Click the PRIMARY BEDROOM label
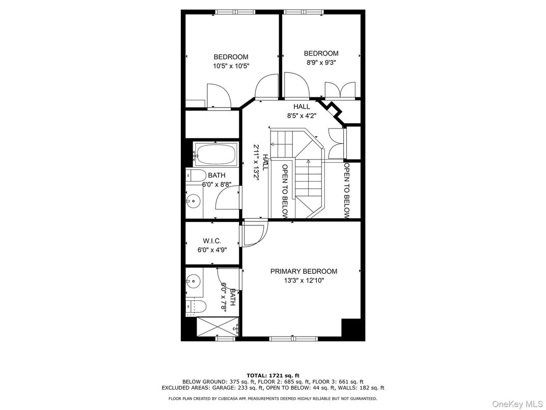coord(304,271)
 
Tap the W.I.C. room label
coord(212,241)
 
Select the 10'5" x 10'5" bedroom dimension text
coord(231,66)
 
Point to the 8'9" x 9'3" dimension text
coord(321,62)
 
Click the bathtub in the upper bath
coord(216,154)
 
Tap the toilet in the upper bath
coord(192,175)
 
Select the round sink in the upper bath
coord(191,200)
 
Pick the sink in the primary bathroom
coord(192,280)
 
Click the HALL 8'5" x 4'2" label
coord(302,111)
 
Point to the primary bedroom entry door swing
coord(255,233)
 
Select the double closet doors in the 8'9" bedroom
coord(340,90)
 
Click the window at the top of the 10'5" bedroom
coord(235,12)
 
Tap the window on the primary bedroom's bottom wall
coord(293,339)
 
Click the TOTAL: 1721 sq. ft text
coord(273,375)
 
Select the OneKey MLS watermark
coord(517,404)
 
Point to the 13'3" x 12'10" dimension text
coord(304,280)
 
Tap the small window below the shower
coord(225,339)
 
